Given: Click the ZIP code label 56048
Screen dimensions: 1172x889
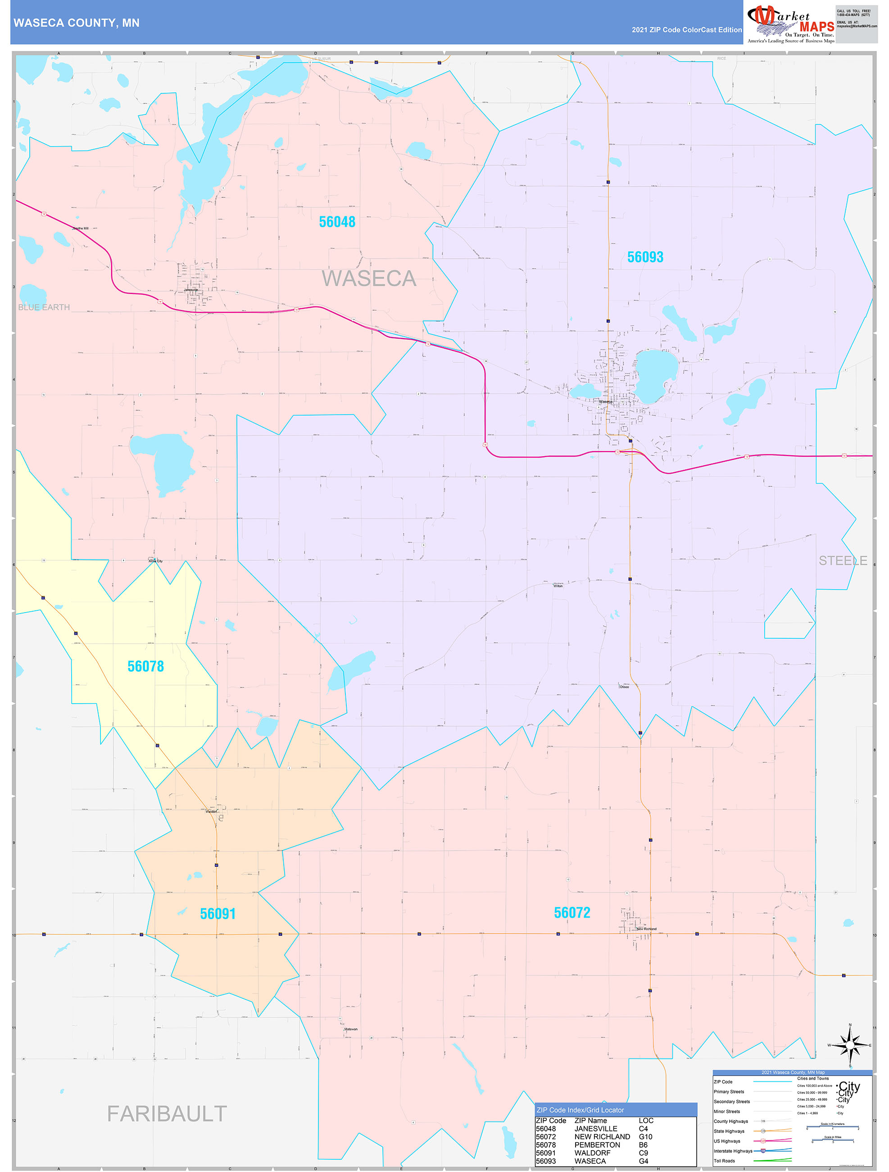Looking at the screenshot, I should tap(337, 222).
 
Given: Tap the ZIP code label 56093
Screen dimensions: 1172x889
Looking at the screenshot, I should tap(645, 257).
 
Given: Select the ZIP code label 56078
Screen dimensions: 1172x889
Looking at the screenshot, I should tap(145, 667).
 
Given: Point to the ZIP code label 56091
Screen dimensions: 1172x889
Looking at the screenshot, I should tap(218, 914).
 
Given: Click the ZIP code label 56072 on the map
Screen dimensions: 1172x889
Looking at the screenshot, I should tap(572, 913).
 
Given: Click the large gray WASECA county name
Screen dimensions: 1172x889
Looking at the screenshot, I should tap(369, 279).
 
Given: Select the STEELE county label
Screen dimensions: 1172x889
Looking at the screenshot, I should tap(843, 561).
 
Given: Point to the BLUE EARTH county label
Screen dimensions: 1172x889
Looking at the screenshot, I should tap(44, 307).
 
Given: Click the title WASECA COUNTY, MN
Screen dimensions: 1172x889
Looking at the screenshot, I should tap(77, 23).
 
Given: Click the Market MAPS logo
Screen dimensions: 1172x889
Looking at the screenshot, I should tap(790, 23).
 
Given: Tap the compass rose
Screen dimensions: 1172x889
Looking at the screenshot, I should tap(850, 1045).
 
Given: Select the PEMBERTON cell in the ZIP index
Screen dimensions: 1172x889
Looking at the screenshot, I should tap(597, 1145).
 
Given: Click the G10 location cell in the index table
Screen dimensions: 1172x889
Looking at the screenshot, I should tap(645, 1136).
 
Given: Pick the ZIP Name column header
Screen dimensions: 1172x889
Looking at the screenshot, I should tap(590, 1121).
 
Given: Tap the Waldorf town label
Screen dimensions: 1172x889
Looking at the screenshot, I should tap(211, 811).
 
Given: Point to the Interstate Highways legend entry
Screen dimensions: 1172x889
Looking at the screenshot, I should tap(733, 1151).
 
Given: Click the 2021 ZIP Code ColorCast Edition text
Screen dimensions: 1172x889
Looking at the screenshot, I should tap(686, 30).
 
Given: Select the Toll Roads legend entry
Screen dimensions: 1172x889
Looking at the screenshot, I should tap(724, 1161).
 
